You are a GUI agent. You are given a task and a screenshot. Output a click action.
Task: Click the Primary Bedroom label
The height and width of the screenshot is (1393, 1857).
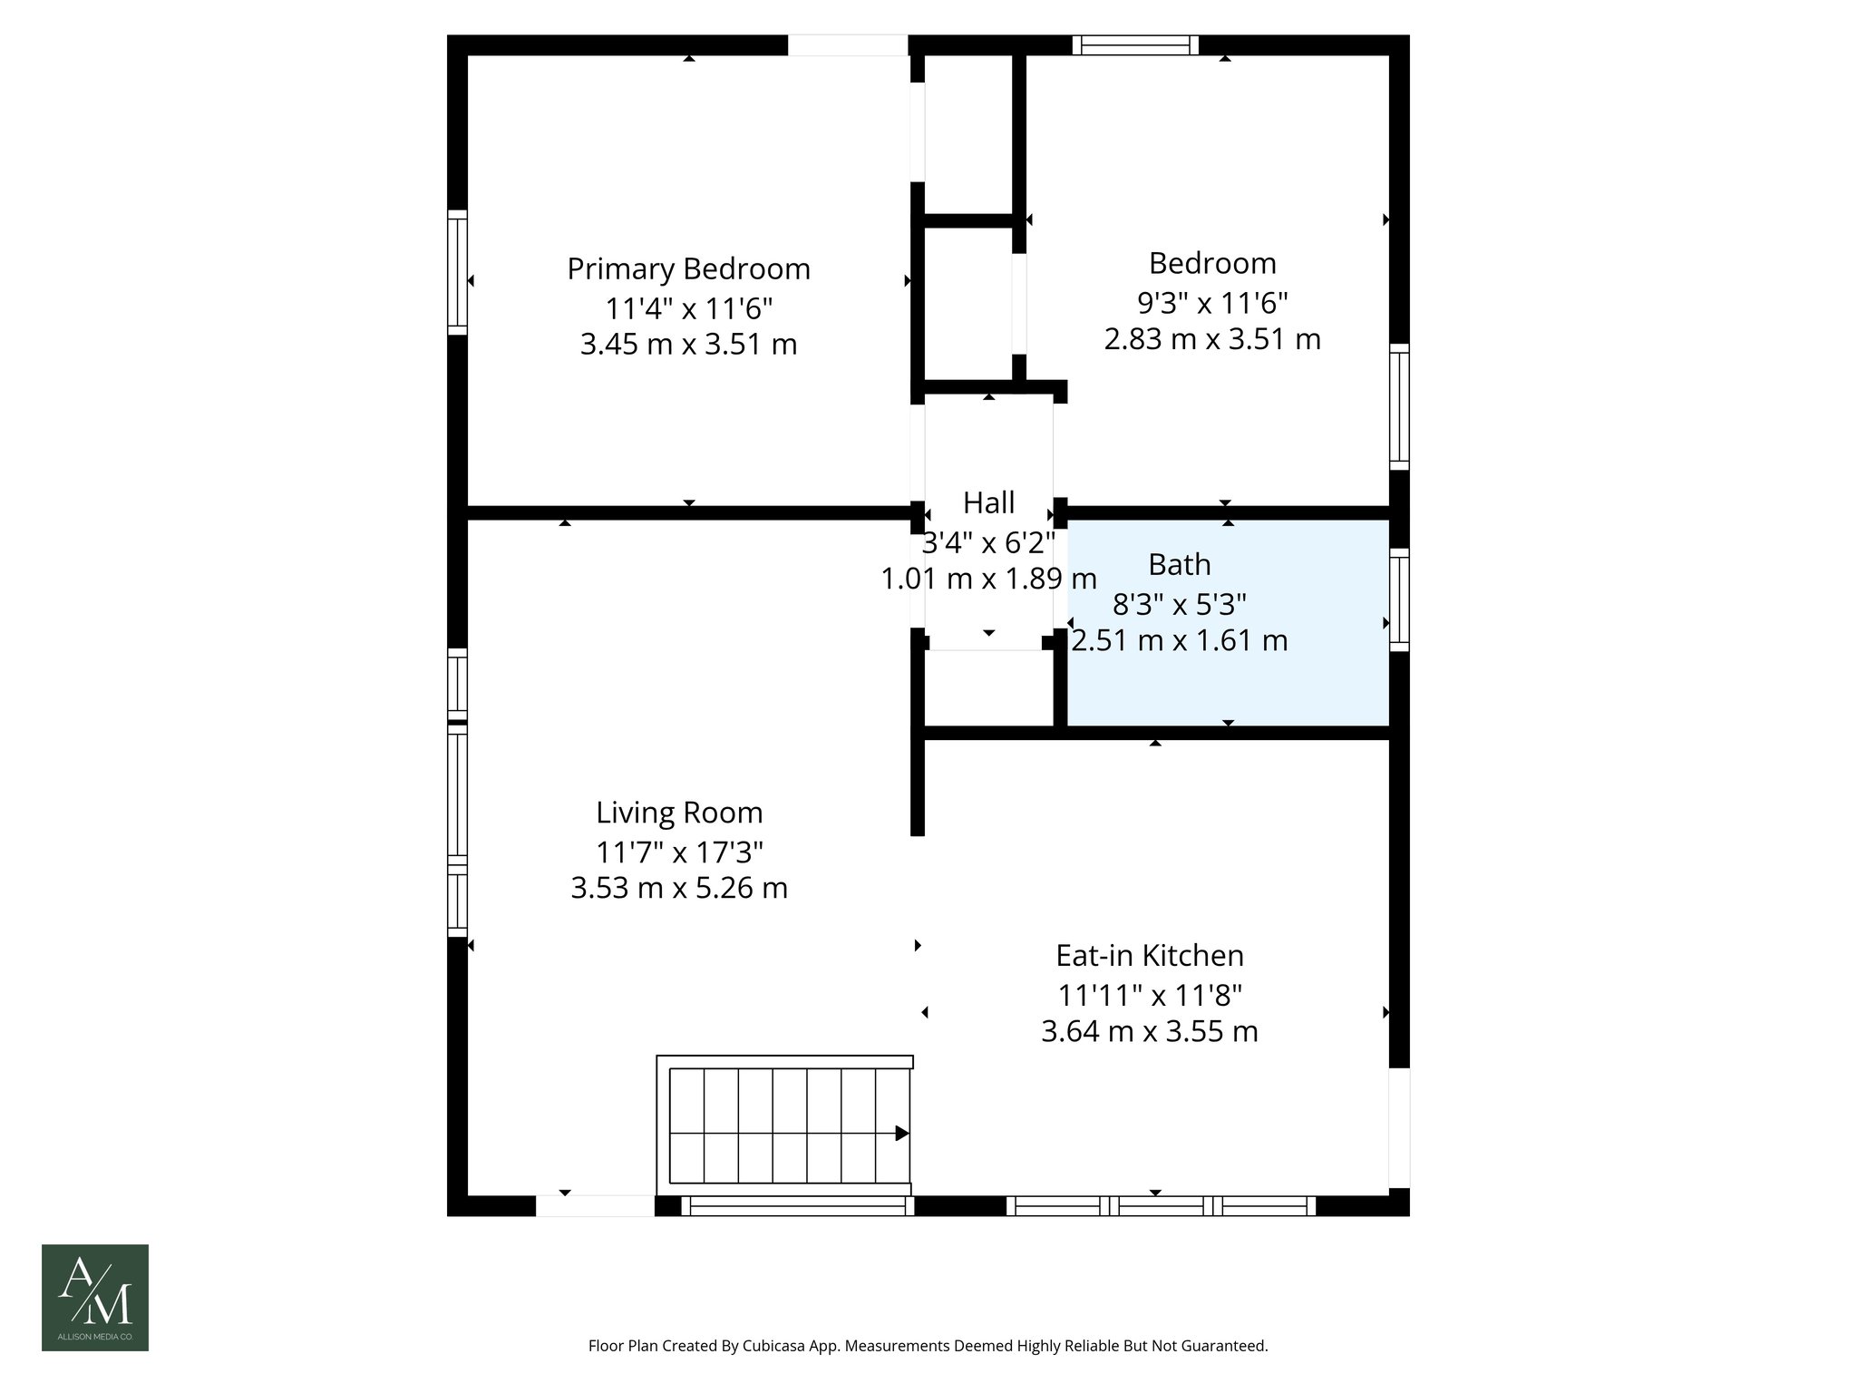688,269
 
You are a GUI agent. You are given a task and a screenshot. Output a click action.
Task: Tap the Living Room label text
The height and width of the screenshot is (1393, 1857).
679,813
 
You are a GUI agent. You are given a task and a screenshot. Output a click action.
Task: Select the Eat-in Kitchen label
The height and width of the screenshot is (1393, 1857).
1150,956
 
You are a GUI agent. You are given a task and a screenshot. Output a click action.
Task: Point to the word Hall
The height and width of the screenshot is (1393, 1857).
988,502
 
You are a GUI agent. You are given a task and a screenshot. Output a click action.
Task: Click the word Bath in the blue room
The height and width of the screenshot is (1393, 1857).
1179,565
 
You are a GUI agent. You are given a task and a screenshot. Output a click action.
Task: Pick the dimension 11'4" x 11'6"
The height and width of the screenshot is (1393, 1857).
689,308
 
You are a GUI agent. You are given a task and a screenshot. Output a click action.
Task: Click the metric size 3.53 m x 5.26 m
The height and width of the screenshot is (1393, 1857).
679,888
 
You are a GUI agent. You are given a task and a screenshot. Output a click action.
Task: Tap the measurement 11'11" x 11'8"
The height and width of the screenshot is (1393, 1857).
1150,996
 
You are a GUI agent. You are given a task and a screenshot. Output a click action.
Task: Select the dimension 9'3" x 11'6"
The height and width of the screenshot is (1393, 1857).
1212,302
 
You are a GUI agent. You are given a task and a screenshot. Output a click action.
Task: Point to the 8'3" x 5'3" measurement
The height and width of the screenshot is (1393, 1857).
1180,603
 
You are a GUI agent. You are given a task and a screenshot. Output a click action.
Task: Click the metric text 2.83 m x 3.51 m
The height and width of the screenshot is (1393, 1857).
1212,339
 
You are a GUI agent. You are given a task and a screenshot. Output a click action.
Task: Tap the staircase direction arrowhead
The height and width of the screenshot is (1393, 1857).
902,1133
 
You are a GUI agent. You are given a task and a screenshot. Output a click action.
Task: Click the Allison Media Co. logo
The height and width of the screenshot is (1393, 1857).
95,1298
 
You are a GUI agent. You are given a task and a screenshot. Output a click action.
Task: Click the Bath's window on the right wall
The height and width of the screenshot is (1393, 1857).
1400,599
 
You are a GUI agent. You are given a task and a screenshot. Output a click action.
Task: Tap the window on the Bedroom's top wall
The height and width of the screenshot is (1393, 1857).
1135,45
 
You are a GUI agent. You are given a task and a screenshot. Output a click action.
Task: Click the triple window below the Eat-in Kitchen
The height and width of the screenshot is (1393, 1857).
1161,1205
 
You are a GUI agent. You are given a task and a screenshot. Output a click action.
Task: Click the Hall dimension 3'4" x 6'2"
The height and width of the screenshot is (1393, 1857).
988,542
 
